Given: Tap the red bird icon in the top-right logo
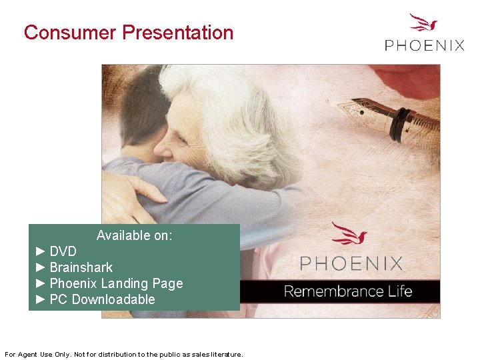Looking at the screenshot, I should coord(423,23).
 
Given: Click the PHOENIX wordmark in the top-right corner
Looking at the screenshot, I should coord(424,45).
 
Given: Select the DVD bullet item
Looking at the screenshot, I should coord(63,251).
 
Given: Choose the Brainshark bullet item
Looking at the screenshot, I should coord(81,267).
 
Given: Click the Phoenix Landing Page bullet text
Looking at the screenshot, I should coord(116,283).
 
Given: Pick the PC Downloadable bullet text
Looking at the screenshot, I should coord(102,299).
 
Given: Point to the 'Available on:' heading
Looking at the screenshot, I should coord(134,235).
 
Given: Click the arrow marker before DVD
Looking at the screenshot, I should coord(40,251).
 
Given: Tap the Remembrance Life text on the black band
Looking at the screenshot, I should coord(348,291).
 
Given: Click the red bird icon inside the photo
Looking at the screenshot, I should coord(349,234).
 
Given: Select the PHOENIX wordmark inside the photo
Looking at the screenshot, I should coord(351,263).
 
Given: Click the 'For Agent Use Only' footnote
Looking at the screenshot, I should coord(124,354).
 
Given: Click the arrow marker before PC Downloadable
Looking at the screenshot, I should coord(40,299).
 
